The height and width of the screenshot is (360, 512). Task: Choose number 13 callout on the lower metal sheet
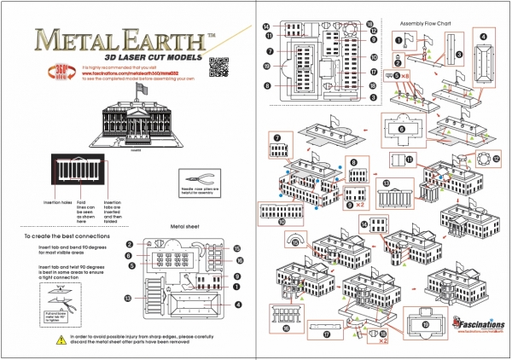128,299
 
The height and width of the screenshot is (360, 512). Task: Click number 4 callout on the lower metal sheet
239,304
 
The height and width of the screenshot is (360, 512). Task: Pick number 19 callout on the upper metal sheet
268,67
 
